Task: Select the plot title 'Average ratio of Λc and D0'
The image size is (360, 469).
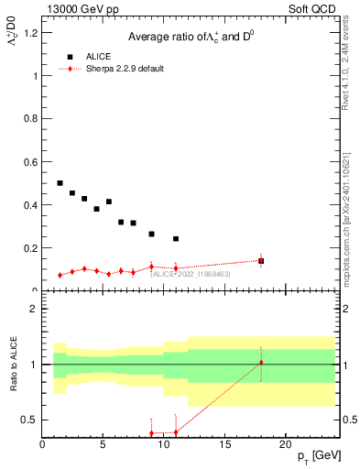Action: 190,36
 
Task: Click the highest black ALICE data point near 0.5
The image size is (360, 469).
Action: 60,183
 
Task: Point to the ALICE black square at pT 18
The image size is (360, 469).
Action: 261,261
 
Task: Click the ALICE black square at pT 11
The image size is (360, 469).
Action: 176,239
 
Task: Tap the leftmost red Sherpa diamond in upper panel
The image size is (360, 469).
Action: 60,275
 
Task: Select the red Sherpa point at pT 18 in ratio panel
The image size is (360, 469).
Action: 261,363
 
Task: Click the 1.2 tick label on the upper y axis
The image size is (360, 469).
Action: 30,34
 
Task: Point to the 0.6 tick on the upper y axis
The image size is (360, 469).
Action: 30,162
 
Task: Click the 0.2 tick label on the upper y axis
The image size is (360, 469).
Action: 30,248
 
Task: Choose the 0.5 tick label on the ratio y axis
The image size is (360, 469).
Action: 30,420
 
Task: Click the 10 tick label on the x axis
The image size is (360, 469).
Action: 164,444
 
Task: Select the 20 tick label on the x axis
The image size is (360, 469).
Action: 286,444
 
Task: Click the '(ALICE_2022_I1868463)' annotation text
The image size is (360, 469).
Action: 191,274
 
